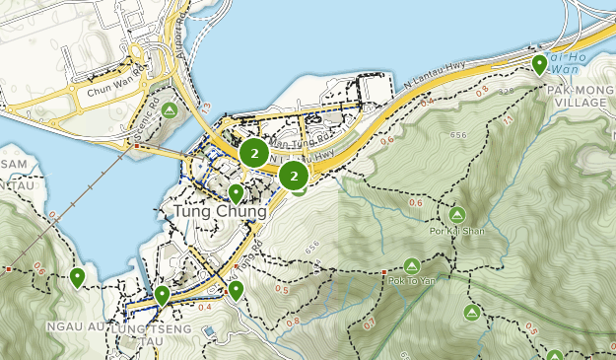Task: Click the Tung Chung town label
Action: tap(219, 212)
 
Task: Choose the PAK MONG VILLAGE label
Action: tap(581, 96)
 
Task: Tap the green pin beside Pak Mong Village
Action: tap(539, 65)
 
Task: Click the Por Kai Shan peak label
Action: tap(456, 233)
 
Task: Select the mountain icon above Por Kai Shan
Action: tap(456, 214)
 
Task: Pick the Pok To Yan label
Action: tap(413, 281)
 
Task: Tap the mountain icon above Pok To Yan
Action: tap(412, 265)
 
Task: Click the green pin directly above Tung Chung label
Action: tap(236, 193)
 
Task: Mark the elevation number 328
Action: tap(507, 91)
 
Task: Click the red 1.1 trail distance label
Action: tap(509, 119)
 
